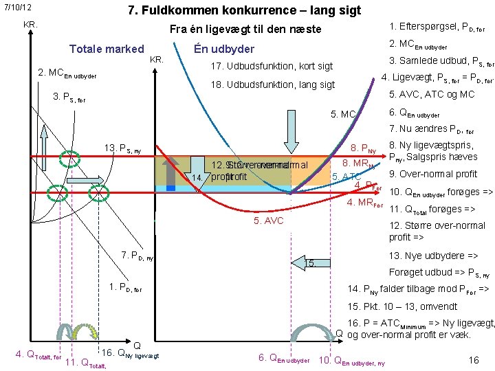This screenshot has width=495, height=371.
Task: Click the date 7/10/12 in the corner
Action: point(18,8)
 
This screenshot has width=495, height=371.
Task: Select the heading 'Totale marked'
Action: point(107,49)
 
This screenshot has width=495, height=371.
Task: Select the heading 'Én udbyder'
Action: point(224,49)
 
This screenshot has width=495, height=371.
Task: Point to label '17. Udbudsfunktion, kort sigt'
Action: point(272,67)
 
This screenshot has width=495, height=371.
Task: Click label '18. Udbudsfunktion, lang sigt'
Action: point(273,85)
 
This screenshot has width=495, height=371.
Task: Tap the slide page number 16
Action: point(473,360)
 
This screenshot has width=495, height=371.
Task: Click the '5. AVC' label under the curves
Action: point(267,221)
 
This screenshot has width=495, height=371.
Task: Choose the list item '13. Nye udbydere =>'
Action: point(433,255)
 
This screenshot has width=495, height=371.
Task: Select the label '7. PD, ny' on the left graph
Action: point(137,256)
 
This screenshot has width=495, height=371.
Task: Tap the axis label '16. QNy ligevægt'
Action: point(130,355)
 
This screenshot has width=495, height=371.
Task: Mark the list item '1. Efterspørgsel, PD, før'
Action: point(437,27)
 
